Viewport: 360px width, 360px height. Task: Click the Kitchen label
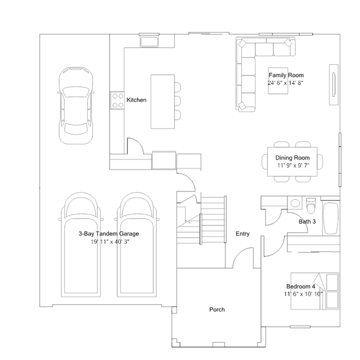[136, 100]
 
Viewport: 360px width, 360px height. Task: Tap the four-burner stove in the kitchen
[117, 100]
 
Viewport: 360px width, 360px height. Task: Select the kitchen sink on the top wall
[149, 42]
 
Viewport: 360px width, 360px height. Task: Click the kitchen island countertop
[163, 101]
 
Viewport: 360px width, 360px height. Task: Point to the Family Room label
[286, 75]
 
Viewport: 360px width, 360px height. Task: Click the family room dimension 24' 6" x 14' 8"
[286, 83]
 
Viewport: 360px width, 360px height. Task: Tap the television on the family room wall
[334, 85]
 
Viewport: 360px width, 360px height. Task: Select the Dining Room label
[292, 158]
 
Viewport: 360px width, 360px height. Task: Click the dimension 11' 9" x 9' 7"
[293, 165]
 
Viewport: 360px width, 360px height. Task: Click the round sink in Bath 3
[295, 203]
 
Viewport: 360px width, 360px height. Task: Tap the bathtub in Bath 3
[331, 218]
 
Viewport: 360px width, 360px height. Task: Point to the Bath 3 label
[307, 221]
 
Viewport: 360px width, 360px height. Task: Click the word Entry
[242, 234]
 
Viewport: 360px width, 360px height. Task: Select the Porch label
[217, 309]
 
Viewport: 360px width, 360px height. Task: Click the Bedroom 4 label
[301, 286]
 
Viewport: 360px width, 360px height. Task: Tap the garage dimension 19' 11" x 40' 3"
[110, 242]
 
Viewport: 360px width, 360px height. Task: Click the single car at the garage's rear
[75, 105]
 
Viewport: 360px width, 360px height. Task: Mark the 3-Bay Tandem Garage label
[109, 234]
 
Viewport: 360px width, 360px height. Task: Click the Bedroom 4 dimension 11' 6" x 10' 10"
[303, 294]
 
